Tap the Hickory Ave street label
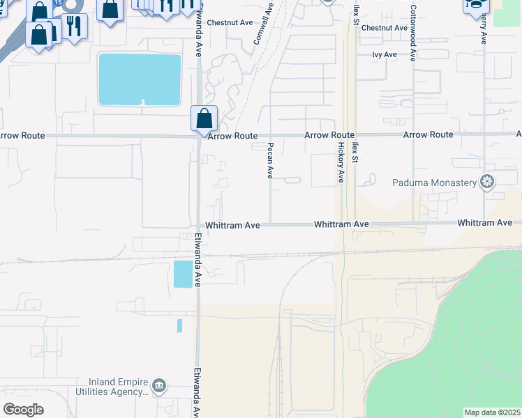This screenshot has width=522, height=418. tap(341, 162)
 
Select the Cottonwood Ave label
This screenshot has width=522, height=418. tap(413, 33)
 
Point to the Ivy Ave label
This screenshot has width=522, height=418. tap(385, 54)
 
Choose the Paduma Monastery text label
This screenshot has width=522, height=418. tap(434, 183)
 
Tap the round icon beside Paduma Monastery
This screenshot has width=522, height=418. tap(487, 183)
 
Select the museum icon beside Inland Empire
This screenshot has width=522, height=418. tap(159, 386)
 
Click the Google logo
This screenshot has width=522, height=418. tap(23, 409)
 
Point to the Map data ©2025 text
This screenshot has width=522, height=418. tap(492, 412)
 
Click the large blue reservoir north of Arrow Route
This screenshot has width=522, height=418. tap(140, 79)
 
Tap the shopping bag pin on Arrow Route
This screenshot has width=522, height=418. tap(204, 118)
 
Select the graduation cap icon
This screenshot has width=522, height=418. tap(475, 5)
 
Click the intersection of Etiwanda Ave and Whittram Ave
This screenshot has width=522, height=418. tap(198, 225)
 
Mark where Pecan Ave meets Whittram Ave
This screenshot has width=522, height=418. tap(271, 224)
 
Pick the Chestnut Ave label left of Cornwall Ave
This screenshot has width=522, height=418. tap(230, 22)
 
